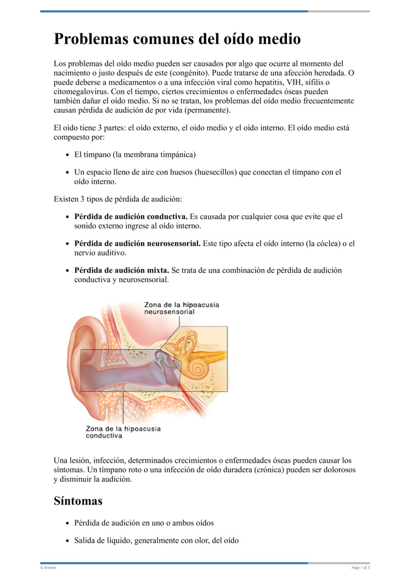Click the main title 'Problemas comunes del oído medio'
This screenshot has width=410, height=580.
point(177,39)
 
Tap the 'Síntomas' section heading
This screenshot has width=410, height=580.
point(78,501)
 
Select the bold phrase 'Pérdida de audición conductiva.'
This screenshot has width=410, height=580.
point(131,217)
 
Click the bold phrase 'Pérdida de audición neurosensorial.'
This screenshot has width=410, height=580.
point(137,244)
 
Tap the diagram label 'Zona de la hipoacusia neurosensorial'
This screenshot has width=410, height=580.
point(181,308)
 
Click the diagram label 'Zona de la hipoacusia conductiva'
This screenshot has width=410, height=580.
point(123,432)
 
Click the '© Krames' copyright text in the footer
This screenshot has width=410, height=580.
point(48,568)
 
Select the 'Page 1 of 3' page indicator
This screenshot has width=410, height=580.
point(360,568)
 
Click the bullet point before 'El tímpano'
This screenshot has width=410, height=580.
point(68,154)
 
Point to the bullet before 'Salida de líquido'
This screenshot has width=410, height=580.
point(68,541)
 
